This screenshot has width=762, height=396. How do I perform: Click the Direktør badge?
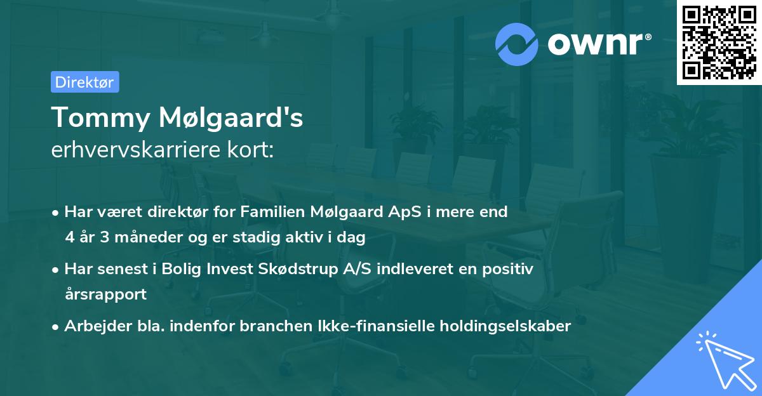[84, 82]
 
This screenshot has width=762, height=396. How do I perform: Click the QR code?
[719, 43]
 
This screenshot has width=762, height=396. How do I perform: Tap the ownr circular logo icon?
[516, 44]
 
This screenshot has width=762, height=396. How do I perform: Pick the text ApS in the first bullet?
[403, 213]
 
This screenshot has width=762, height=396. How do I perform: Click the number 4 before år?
[69, 238]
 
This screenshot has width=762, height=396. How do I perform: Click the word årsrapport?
[105, 294]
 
